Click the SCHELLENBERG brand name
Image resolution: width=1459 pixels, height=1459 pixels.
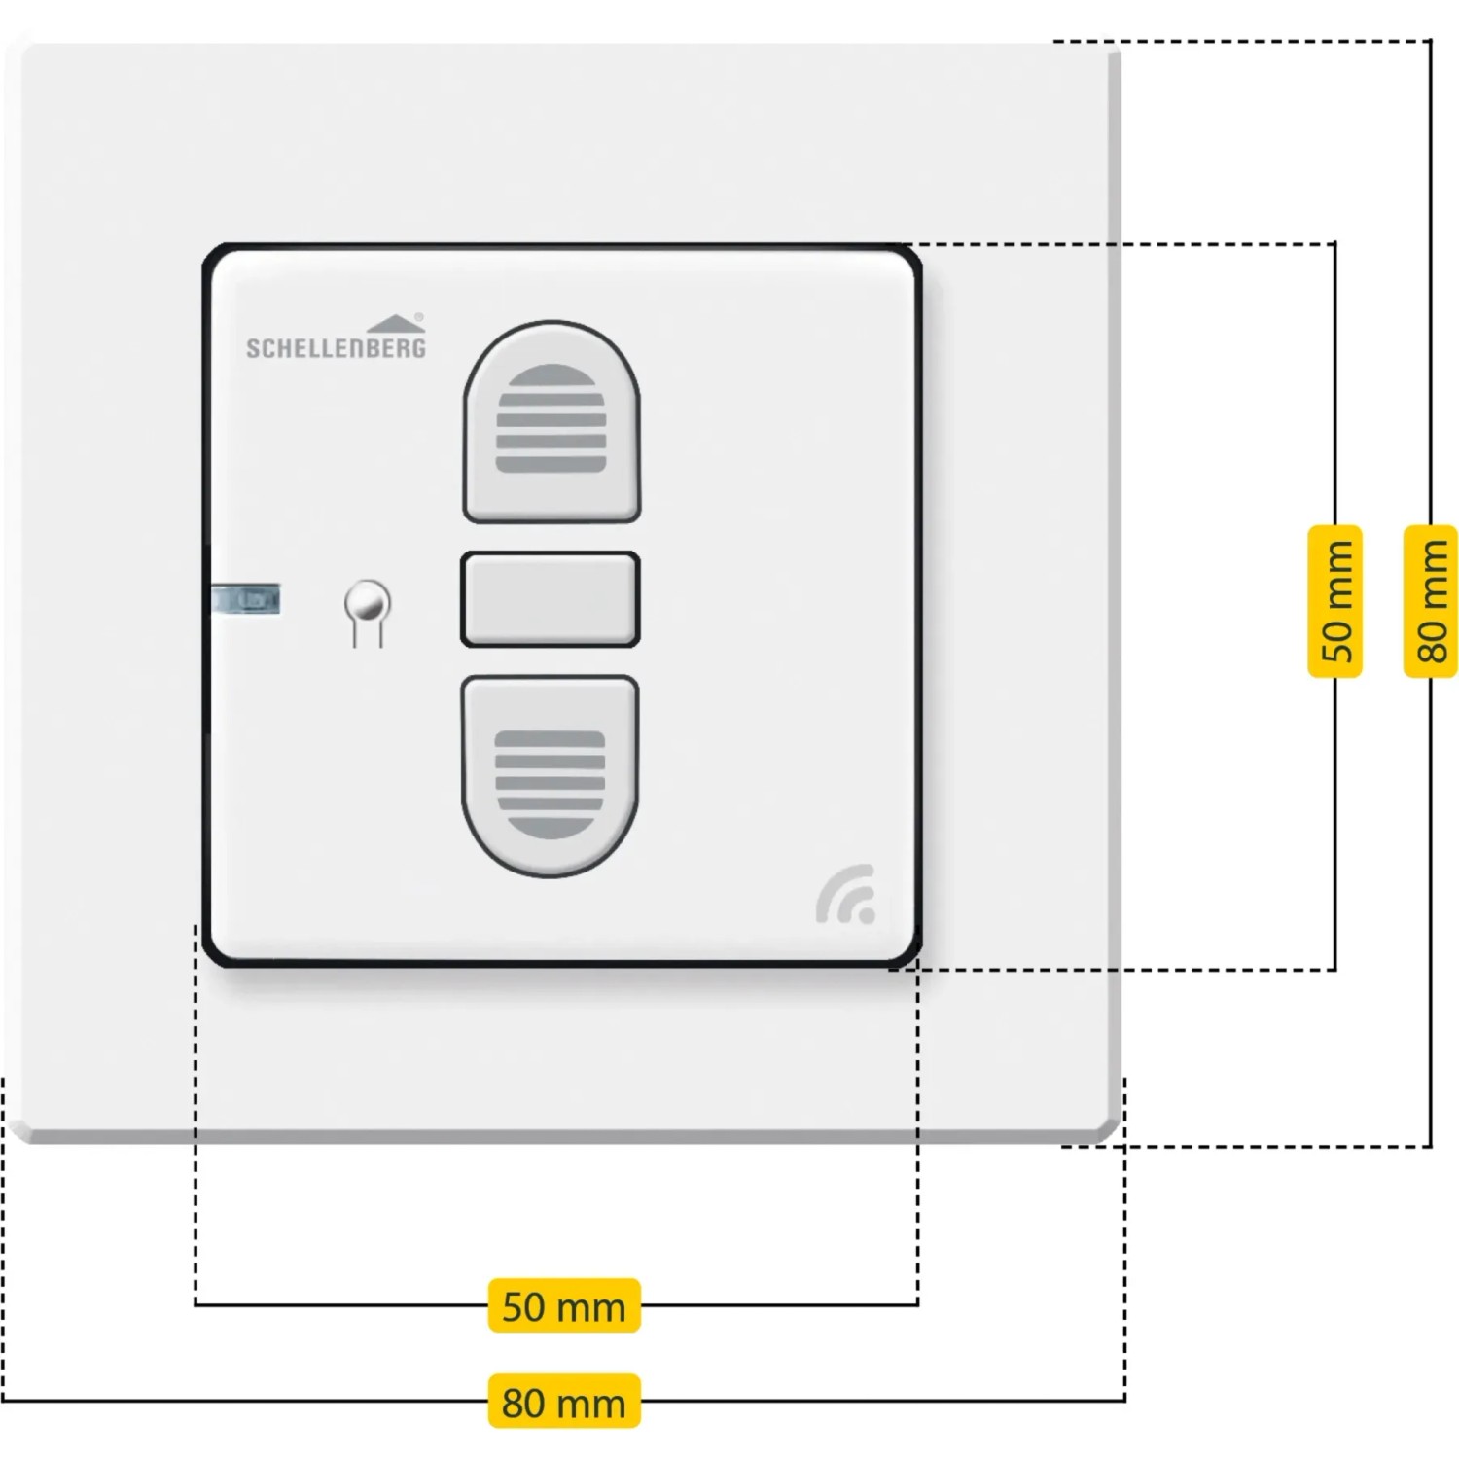[x=336, y=347]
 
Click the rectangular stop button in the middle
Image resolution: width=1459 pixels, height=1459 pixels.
[x=550, y=599]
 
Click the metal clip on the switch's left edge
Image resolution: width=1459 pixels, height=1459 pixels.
[x=245, y=599]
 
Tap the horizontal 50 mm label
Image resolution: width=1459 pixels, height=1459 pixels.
[x=564, y=1305]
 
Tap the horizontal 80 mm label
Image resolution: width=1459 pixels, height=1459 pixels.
[x=564, y=1401]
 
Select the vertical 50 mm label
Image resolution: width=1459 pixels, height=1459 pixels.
[x=1335, y=600]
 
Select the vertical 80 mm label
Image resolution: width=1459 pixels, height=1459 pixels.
[x=1430, y=600]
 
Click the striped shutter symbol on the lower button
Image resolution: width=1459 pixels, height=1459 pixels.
[x=551, y=785]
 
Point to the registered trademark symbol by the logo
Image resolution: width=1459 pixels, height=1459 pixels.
[x=419, y=316]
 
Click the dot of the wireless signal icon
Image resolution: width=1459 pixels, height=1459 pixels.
[x=868, y=914]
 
